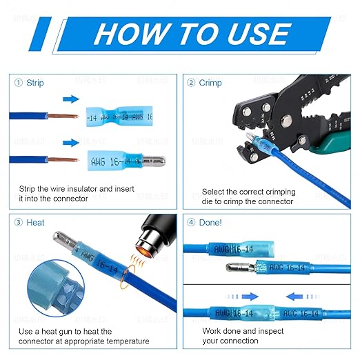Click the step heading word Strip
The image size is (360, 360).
(35, 83)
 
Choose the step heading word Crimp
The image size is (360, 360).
(210, 83)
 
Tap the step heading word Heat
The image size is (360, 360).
(35, 223)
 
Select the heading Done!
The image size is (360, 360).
(210, 223)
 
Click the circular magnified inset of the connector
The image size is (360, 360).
(43, 308)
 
